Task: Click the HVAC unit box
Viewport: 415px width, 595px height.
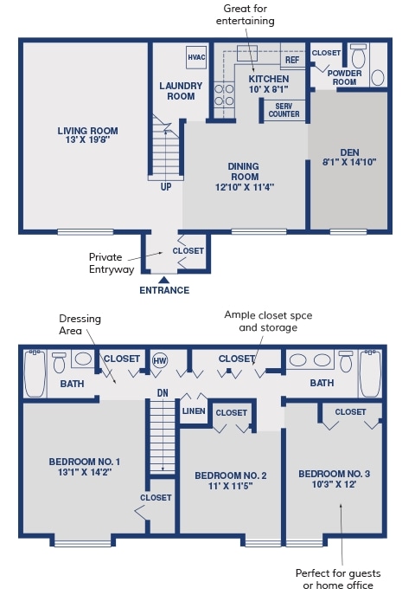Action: [x=196, y=57]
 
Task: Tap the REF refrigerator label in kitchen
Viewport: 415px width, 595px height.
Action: [x=292, y=60]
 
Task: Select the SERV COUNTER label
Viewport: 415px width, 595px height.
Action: [x=284, y=110]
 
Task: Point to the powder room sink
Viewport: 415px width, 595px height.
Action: [x=378, y=78]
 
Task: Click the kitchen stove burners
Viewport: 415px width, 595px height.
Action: [x=224, y=95]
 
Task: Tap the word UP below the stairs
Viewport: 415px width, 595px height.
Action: [x=166, y=187]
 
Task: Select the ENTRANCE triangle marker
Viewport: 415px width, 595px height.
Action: [x=163, y=280]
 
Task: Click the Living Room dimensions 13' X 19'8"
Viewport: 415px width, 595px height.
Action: [x=87, y=139]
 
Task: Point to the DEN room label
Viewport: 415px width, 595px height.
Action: [x=349, y=152]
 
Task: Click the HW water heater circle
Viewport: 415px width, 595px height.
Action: [x=160, y=360]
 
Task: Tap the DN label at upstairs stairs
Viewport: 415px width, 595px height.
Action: [x=163, y=392]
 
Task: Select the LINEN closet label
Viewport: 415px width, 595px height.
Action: [x=194, y=411]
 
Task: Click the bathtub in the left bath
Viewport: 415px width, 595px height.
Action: [x=35, y=373]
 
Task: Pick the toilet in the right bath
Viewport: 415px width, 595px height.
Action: [x=346, y=361]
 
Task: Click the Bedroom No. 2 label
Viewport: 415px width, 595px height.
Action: [x=231, y=475]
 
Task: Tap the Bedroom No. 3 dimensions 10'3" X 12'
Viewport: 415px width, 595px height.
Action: [x=334, y=484]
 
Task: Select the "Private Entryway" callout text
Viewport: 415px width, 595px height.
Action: [x=112, y=263]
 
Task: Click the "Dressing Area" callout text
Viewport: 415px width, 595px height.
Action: [x=80, y=325]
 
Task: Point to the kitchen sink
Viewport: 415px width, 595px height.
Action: [x=247, y=53]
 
